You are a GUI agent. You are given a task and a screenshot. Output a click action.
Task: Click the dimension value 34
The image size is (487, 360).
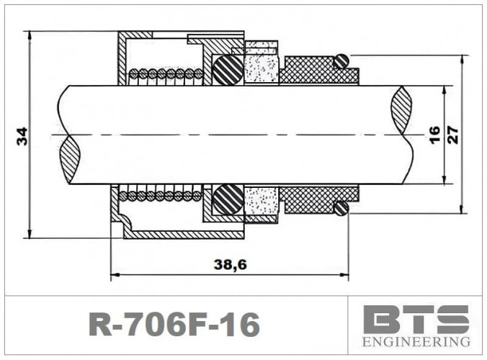pos(22,135)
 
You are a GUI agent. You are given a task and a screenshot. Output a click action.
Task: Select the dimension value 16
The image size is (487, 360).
pos(434,135)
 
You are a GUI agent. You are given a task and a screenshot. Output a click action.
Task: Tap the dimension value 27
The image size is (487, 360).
pos(452,135)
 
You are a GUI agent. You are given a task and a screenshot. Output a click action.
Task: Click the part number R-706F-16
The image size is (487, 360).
pos(173,325)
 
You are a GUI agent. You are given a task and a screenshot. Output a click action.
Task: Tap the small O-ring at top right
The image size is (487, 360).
pos(342,61)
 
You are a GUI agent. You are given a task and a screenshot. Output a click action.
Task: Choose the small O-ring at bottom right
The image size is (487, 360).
pos(342,209)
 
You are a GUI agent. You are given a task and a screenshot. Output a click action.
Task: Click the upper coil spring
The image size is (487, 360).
pos(166,73)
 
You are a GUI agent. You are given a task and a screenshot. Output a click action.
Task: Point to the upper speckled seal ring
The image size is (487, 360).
pos(261,66)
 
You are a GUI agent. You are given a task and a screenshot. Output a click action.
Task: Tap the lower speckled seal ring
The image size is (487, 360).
pos(261,202)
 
